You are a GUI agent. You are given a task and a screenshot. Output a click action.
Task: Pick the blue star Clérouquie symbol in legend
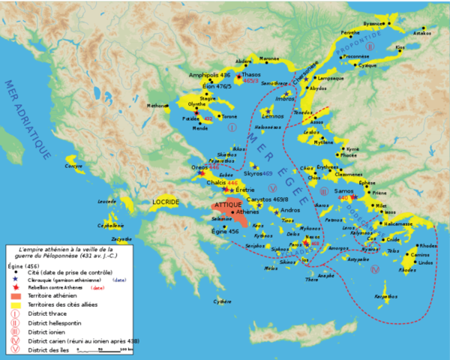(x=16, y=279)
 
